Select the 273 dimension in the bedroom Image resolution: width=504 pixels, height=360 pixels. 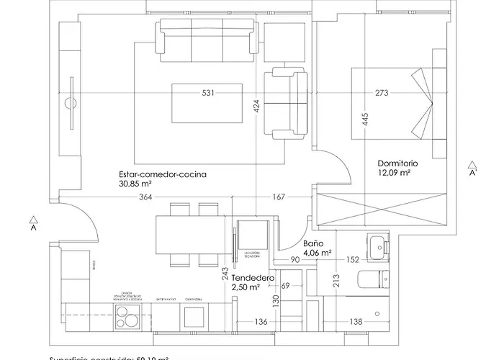click(382, 92)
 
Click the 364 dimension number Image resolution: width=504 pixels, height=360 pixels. click(146, 197)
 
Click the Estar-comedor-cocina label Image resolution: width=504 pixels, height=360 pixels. click(164, 174)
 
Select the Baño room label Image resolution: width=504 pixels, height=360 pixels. click(313, 243)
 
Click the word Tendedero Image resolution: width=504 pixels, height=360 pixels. click(252, 277)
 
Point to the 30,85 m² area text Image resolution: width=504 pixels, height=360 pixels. click(139, 184)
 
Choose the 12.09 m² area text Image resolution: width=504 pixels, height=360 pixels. click(394, 174)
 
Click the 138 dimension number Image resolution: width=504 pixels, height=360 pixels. click(356, 321)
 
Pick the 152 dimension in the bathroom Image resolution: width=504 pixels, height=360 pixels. click(353, 260)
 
